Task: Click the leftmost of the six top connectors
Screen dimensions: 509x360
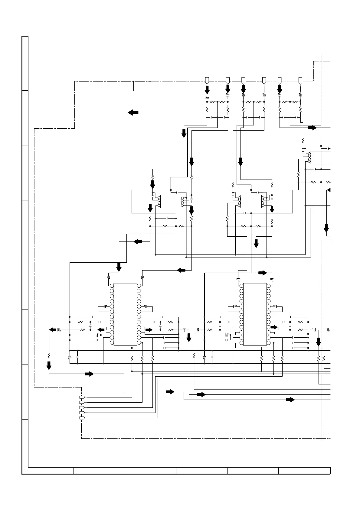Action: click(207, 80)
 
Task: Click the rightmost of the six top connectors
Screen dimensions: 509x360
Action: click(300, 80)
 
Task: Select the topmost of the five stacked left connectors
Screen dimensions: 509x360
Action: click(82, 397)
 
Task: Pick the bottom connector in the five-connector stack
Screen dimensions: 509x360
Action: click(82, 418)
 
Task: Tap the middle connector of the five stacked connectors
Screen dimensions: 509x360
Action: click(82, 407)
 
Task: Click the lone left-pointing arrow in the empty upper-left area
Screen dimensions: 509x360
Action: click(133, 112)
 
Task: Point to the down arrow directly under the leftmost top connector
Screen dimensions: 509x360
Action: click(207, 90)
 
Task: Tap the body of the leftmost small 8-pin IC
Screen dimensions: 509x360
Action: click(171, 202)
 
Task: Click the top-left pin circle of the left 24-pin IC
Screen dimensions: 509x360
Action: click(112, 286)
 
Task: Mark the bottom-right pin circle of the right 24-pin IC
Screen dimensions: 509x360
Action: click(269, 343)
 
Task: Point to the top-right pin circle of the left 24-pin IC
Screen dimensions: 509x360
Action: click(139, 286)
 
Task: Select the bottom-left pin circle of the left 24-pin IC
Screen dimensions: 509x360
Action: click(112, 343)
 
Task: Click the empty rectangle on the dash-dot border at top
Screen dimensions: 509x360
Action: click(104, 86)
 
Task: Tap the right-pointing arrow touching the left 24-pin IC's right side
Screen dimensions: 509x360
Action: click(149, 330)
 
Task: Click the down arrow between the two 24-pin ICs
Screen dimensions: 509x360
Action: click(189, 337)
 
